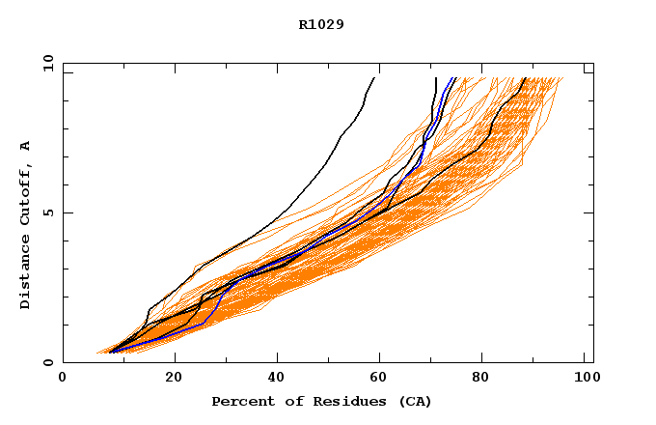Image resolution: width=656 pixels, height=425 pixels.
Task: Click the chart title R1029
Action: [321, 24]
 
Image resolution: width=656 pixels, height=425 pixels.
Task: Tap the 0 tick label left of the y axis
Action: [47, 362]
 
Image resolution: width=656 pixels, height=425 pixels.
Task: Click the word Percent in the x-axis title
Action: [241, 401]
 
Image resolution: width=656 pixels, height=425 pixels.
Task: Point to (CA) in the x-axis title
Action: [409, 401]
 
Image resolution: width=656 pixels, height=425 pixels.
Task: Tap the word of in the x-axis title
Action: [287, 401]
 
